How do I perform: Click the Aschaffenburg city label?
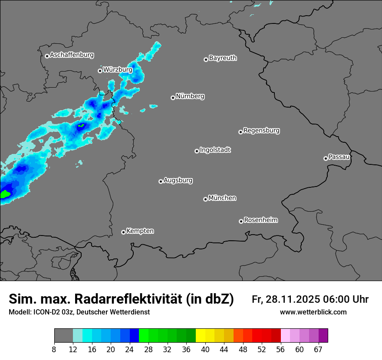[72, 55]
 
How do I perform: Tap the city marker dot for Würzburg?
[100, 71]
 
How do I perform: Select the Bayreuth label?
[223, 58]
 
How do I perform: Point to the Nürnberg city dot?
[173, 98]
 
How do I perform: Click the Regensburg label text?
[261, 131]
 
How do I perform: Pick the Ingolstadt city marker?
[197, 151]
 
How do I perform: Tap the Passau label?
[339, 157]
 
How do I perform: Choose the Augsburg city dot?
[161, 181]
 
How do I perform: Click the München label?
[222, 198]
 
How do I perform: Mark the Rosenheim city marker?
[241, 221]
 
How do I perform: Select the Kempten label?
[140, 231]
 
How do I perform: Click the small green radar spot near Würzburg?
[81, 126]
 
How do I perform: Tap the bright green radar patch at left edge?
[5, 194]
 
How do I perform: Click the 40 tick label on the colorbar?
[206, 350]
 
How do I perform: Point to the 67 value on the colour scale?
[318, 350]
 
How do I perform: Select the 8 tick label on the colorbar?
[54, 350]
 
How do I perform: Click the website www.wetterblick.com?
[313, 312]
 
